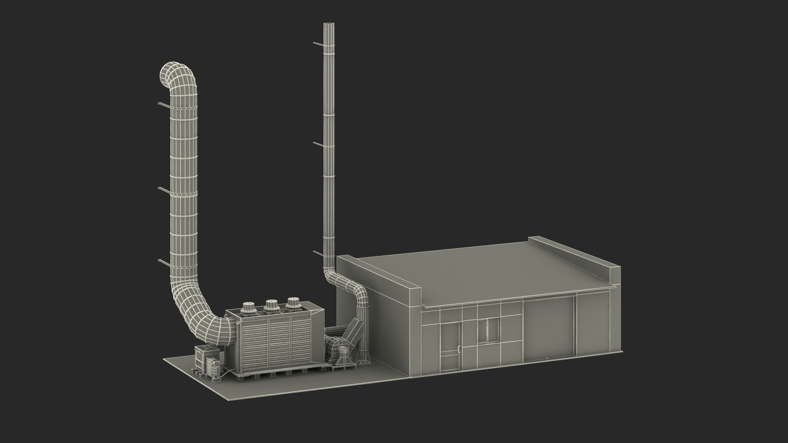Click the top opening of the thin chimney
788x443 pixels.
(329, 25)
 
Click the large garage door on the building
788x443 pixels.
(548, 330)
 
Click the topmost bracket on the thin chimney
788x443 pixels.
(318, 43)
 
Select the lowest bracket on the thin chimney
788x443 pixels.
(318, 253)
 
